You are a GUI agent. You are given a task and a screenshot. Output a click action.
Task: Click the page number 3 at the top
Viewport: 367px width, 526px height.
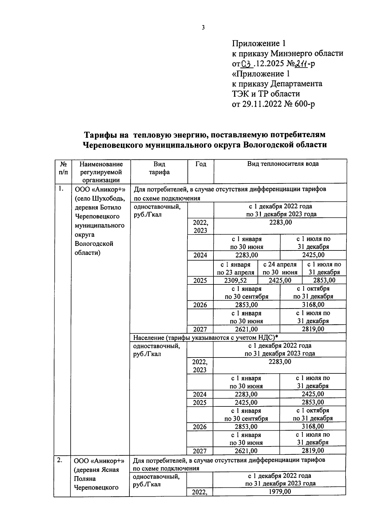203,28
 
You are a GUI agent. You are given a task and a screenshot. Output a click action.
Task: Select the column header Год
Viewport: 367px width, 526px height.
201,164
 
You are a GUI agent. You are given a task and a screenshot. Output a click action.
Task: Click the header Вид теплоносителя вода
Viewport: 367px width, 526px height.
283,164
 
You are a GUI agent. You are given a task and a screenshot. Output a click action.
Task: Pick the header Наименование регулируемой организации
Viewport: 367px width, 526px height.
101,172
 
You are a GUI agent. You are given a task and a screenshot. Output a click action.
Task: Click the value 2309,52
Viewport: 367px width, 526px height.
235,280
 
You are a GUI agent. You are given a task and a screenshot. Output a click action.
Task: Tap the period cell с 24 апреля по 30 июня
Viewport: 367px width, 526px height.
280,268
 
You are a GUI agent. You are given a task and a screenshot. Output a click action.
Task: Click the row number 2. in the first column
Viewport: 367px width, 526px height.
60,460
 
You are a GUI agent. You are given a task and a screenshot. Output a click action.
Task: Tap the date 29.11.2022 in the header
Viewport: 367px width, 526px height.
262,104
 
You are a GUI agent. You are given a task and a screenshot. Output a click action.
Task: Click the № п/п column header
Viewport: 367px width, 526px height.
63,168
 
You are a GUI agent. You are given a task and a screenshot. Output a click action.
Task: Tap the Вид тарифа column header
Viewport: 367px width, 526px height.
159,168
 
